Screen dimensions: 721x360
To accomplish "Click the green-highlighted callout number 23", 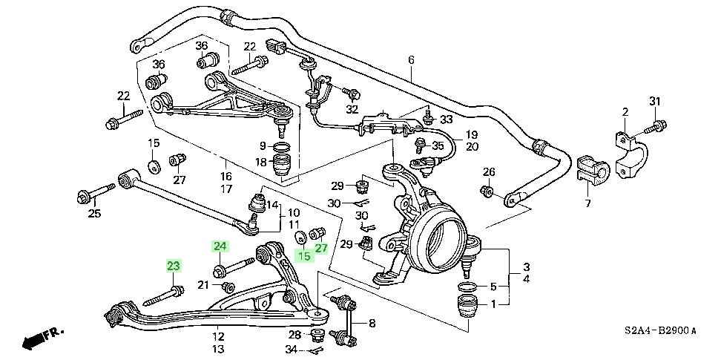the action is click(x=174, y=266).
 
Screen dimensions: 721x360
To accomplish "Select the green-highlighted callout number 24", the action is click(x=220, y=246).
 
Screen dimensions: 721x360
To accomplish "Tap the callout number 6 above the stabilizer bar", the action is click(x=411, y=60).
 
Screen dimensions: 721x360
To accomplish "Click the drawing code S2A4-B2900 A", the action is click(x=660, y=331).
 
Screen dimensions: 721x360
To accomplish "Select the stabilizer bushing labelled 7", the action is click(x=593, y=171).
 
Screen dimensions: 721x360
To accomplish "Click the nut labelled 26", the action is click(x=487, y=191).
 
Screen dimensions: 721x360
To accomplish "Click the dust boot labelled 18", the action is click(x=283, y=166).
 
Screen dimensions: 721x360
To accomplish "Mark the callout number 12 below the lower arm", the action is click(x=218, y=336).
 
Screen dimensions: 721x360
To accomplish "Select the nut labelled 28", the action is click(x=316, y=336).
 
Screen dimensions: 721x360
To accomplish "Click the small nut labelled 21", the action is click(x=228, y=288).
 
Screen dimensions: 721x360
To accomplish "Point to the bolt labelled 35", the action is click(x=421, y=146).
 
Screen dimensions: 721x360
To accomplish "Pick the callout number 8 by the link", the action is click(x=372, y=323).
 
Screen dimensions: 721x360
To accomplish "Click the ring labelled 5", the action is click(x=468, y=287).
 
